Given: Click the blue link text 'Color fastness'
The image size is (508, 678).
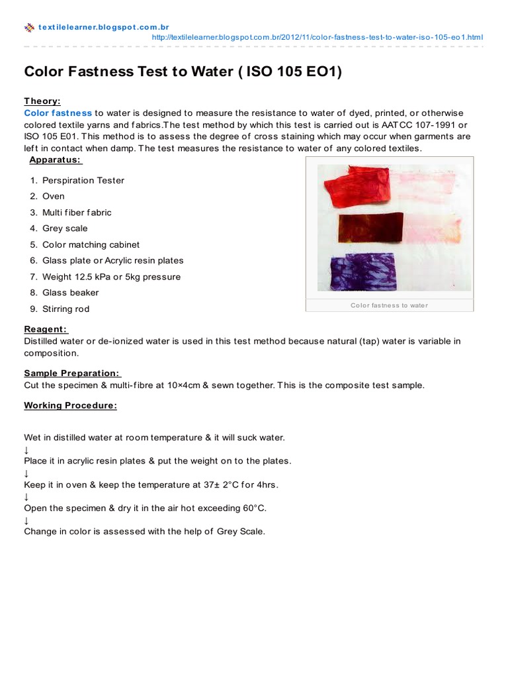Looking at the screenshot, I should click(x=58, y=113).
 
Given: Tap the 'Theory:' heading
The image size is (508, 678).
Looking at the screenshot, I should click(x=42, y=101).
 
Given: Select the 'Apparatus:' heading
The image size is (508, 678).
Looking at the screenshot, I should click(x=56, y=160).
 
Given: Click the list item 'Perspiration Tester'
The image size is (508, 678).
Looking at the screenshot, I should click(x=83, y=180).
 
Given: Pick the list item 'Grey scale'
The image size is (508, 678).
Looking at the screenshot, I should click(x=65, y=228).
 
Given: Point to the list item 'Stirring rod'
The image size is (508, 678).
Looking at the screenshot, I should click(x=65, y=309).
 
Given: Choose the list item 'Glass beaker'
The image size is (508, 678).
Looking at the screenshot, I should click(x=71, y=293).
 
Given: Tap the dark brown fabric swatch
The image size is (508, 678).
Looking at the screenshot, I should click(x=370, y=227).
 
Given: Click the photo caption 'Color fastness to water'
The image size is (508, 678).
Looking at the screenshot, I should click(x=389, y=305).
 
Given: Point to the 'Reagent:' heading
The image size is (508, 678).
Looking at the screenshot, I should click(x=46, y=329).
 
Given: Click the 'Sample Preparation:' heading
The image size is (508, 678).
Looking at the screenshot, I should click(x=73, y=373).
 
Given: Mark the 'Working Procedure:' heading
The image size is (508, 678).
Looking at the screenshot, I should click(x=70, y=405).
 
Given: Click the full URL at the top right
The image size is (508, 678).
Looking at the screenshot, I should click(x=317, y=37).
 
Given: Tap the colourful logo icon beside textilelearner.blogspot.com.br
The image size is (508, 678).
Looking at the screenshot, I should click(x=29, y=28).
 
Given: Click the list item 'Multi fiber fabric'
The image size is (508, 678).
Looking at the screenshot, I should click(x=77, y=213).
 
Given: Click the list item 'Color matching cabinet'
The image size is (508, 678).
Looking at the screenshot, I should click(x=91, y=245).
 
